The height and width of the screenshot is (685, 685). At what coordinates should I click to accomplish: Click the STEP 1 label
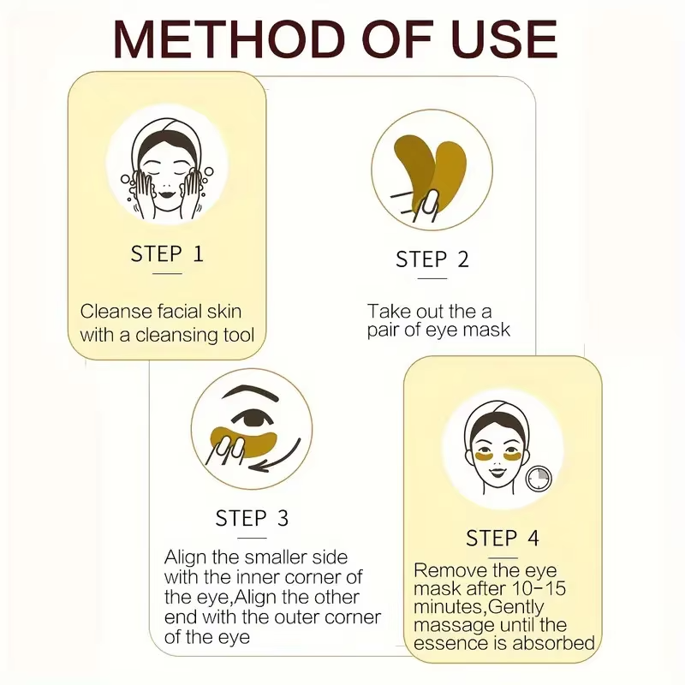[x=167, y=253]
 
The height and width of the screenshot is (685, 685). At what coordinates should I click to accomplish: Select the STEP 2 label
[x=432, y=259]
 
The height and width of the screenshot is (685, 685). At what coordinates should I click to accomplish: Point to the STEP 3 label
[x=252, y=518]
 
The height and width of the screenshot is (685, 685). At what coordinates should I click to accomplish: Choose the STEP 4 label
[x=503, y=538]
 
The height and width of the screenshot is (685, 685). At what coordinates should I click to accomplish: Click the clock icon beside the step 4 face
[x=539, y=479]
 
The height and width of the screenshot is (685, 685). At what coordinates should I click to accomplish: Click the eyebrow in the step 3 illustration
[x=250, y=393]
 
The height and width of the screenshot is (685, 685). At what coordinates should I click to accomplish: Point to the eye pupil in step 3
[x=253, y=420]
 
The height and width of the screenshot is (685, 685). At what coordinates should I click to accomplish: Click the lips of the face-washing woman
[x=166, y=194]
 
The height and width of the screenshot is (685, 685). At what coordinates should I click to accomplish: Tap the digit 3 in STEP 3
[x=283, y=518]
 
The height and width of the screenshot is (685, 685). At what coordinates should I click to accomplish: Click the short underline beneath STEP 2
[x=432, y=278]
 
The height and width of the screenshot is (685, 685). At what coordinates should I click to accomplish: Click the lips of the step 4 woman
[x=496, y=473]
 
